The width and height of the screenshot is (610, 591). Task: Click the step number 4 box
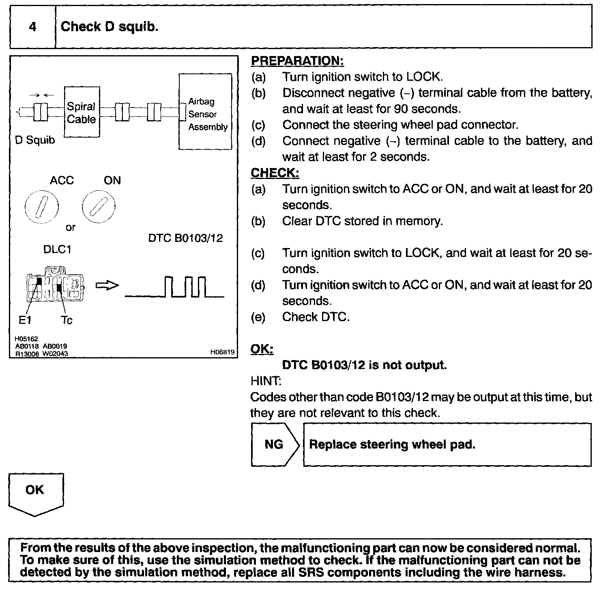(x=32, y=27)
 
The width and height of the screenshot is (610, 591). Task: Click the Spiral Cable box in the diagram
(x=82, y=112)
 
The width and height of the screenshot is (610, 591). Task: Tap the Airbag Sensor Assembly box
(x=206, y=112)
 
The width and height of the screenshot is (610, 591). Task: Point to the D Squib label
(x=35, y=140)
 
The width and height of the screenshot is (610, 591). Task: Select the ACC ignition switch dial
(x=41, y=207)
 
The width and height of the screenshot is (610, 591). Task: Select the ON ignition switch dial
(x=98, y=207)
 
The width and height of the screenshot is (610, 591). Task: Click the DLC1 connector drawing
(x=55, y=285)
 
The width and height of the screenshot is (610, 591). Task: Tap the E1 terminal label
(x=25, y=320)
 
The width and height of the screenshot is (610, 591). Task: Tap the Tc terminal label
(x=67, y=320)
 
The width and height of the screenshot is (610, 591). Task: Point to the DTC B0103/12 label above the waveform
(x=185, y=238)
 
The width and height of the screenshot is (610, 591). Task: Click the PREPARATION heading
(x=297, y=61)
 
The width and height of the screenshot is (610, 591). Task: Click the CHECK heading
(x=275, y=173)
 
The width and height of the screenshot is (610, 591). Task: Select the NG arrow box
(x=275, y=444)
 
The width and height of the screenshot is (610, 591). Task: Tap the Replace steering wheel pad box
(x=447, y=444)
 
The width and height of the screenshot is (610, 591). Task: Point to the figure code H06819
(x=222, y=352)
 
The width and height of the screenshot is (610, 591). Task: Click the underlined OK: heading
(x=262, y=349)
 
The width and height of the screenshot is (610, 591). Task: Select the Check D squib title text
(x=110, y=27)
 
